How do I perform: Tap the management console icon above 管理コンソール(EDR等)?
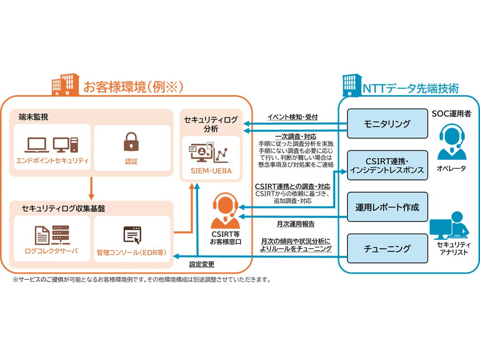click(x=131, y=235)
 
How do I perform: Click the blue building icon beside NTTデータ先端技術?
click(x=350, y=87)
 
